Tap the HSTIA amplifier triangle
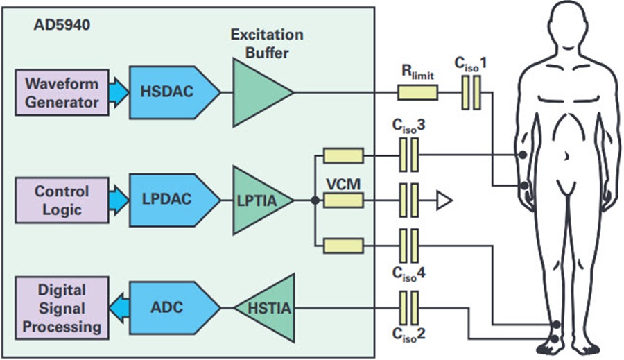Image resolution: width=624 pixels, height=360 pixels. coord(266,307)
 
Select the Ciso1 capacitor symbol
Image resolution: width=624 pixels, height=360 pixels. coord(471,92)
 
